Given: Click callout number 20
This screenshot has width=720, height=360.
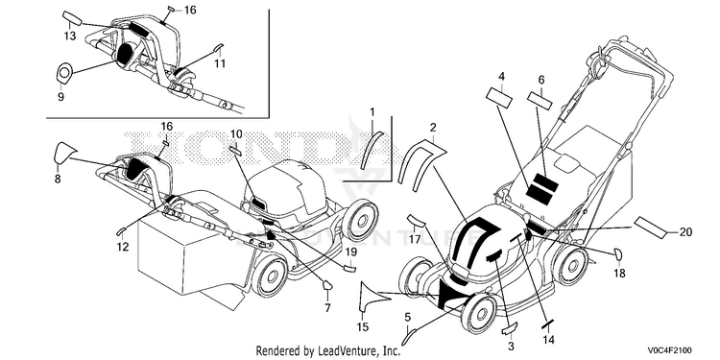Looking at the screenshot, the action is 685,232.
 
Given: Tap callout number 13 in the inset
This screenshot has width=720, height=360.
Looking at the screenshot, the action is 70,36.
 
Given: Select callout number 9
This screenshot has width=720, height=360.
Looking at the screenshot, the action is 60,96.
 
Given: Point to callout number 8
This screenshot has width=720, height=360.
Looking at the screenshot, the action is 58,180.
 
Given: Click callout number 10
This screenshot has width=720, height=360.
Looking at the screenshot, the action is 236,134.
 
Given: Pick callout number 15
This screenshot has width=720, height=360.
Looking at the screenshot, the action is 363,327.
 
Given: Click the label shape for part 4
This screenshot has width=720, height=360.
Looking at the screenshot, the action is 499,98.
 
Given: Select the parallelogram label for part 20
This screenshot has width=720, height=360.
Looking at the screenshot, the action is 650,228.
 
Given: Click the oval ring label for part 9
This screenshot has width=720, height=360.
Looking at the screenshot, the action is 64,73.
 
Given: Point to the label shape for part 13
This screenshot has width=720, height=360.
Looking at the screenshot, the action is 72,19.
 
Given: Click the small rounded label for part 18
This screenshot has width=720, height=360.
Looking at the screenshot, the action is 618,252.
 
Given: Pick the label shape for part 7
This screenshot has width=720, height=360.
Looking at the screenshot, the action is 326,286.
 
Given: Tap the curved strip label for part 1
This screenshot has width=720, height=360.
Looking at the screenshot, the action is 371,150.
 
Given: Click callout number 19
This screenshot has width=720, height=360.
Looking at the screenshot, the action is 350,252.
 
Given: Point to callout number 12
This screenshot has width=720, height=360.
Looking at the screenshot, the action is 123,247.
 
